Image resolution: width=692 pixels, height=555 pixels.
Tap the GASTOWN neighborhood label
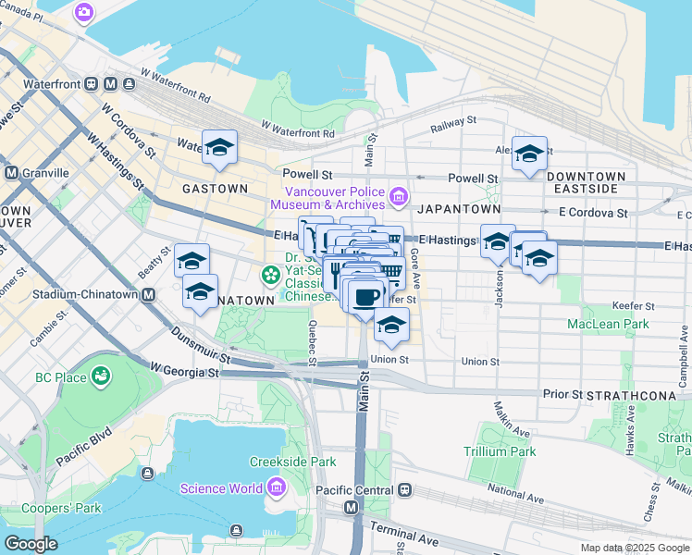215,189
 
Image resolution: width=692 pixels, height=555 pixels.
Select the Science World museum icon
276,487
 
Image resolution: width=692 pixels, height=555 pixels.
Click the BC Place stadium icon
99,376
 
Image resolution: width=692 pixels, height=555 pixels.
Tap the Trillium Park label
500,451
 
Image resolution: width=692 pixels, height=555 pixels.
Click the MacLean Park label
608,324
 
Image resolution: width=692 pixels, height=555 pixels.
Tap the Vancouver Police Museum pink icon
399,195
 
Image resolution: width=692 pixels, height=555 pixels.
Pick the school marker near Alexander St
530,153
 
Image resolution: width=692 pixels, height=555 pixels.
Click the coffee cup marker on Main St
366,296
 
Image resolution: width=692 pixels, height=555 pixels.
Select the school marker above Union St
391,325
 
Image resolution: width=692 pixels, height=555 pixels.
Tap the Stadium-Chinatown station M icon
148,295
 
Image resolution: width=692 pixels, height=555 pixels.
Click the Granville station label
45,173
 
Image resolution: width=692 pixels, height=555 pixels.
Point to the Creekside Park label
292,462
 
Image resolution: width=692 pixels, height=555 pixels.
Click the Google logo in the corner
31,544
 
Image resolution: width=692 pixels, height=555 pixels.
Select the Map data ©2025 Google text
634,548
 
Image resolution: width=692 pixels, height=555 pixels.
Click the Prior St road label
562,394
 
